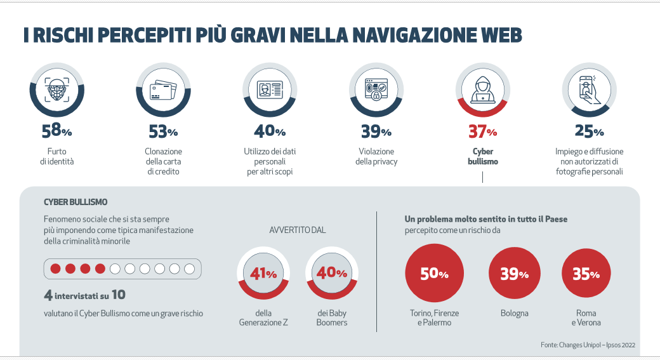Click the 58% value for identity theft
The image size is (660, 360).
(57, 131)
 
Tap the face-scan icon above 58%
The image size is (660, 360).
(57, 91)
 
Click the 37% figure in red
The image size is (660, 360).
(482, 131)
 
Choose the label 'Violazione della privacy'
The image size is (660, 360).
(376, 156)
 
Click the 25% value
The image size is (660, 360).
(590, 131)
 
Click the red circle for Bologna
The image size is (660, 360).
(514, 274)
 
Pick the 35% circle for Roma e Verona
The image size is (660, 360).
(586, 274)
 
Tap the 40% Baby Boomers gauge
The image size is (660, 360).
(332, 274)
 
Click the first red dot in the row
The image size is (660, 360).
(55, 269)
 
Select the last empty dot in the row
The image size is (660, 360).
(189, 269)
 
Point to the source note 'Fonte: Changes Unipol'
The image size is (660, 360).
(588, 345)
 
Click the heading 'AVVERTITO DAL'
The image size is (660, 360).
(298, 230)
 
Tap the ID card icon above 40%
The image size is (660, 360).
(270, 91)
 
